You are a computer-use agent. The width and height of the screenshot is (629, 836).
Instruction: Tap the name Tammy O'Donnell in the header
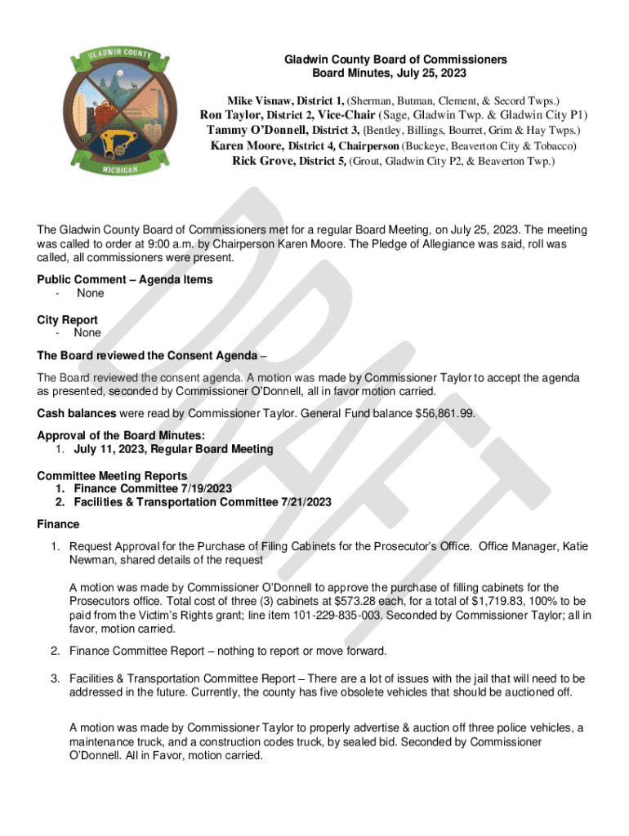point(257,130)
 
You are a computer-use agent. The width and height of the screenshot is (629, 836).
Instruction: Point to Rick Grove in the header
point(263,161)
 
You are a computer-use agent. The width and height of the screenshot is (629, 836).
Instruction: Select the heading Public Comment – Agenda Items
point(124,279)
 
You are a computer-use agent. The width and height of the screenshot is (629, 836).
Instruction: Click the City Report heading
point(67,320)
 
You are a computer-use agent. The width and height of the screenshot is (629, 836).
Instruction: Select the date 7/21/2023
point(301,502)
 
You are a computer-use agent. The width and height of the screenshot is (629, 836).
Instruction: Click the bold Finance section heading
point(58,523)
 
